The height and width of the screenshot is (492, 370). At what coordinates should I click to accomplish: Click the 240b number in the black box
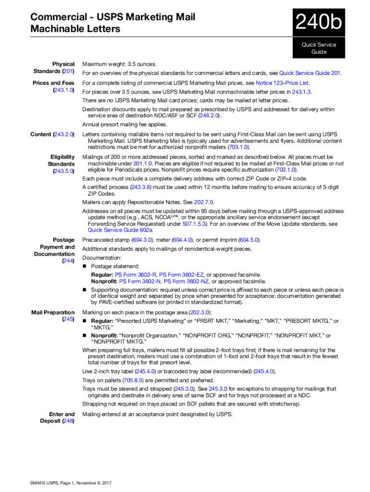click(319, 23)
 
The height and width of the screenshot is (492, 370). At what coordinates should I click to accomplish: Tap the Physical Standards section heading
click(60, 67)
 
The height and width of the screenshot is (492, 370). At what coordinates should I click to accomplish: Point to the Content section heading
click(52, 134)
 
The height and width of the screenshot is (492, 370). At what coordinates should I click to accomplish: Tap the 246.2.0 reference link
click(210, 116)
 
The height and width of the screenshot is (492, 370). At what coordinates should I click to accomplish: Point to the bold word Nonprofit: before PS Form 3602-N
click(104, 282)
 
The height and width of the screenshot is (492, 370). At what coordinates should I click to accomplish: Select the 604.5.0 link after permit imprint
click(250, 240)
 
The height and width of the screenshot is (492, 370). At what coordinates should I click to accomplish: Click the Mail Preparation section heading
click(53, 316)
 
